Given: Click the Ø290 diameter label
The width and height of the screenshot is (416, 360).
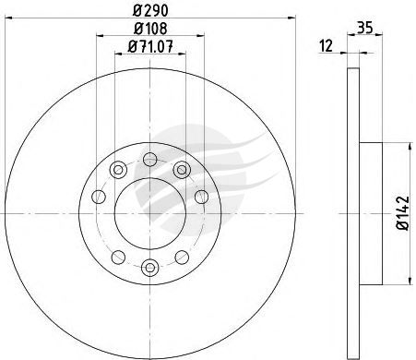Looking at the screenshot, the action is point(150,11).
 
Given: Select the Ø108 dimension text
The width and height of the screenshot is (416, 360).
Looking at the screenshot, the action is point(150,29).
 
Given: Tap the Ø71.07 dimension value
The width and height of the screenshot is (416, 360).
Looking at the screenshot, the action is point(150,46).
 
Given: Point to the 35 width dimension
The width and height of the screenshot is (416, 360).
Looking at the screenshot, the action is point(365,28).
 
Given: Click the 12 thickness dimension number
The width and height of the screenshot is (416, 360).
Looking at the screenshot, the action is point(327,46).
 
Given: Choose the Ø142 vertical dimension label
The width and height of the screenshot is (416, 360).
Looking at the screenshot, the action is point(403,213).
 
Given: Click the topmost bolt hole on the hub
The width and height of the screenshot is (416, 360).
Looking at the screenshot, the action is point(150,160).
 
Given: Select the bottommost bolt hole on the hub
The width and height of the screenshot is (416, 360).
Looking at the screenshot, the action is point(150,268).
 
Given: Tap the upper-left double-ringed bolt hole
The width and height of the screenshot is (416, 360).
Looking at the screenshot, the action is point(118,170).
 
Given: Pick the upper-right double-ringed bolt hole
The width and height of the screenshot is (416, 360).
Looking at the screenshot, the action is point(182,170).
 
